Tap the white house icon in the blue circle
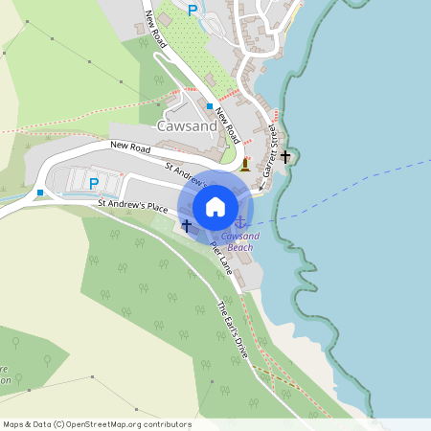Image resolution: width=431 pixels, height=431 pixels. [215, 206]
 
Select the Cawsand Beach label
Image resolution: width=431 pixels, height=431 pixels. [239, 241]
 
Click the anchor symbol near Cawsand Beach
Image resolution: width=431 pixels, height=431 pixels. [239, 223]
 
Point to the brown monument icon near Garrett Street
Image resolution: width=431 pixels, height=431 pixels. [245, 165]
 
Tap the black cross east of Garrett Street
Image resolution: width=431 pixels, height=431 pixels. [285, 155]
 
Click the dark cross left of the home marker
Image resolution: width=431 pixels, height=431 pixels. [187, 224]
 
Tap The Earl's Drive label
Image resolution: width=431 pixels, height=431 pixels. [233, 329]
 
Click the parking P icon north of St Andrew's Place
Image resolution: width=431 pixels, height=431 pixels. [94, 183]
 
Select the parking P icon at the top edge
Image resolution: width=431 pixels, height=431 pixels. [193, 10]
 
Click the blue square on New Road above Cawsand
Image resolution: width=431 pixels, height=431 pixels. [209, 105]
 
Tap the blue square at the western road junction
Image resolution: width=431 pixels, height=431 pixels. [40, 193]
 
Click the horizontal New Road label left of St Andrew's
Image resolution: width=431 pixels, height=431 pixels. [131, 146]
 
